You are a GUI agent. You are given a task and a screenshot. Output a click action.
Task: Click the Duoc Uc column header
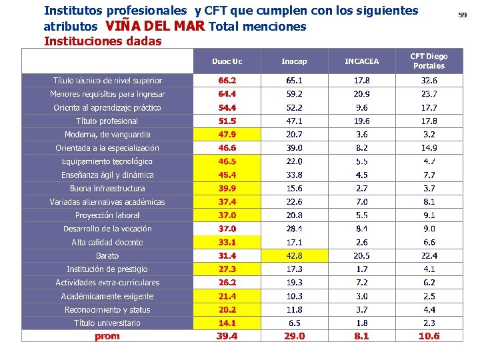[227, 61]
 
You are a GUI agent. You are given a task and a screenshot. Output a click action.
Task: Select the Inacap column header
[294, 61]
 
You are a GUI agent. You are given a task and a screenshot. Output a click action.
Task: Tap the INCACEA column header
[361, 61]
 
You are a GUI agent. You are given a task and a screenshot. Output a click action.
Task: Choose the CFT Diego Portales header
[429, 61]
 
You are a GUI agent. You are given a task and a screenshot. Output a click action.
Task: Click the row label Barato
[107, 255]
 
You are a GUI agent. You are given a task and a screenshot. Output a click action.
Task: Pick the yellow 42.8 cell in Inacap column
[294, 255]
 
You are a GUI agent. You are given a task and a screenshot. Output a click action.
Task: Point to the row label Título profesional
[107, 121]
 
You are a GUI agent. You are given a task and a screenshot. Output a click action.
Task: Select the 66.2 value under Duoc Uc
[227, 81]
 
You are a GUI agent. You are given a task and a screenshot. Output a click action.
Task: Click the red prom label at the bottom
[107, 336]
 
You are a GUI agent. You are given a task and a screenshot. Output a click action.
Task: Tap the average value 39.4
[227, 336]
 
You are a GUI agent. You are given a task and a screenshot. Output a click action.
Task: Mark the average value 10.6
[429, 336]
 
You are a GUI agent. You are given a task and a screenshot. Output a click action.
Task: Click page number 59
[462, 15]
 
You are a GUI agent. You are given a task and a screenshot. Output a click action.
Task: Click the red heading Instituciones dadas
[103, 41]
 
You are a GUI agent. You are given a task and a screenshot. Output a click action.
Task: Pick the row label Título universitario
[107, 323]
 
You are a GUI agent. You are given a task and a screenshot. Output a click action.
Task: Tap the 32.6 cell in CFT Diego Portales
[429, 81]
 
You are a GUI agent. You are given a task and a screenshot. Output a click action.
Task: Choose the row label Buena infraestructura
[107, 188]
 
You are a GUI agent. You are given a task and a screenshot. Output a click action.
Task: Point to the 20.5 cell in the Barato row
[361, 255]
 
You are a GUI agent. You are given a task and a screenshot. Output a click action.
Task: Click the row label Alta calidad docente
[107, 242]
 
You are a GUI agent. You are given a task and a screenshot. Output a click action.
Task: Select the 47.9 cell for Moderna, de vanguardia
[227, 134]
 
